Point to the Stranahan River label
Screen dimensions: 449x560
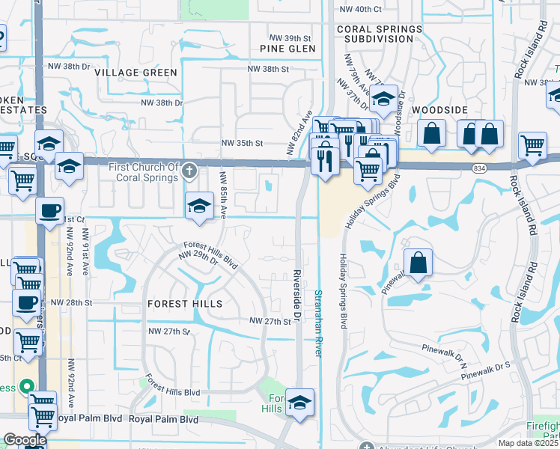pos(318,323)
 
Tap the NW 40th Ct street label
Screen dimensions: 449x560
pos(360,9)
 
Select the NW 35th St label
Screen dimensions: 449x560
pos(242,143)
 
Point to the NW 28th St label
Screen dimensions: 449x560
pos(71,303)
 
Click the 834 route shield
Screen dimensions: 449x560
pos(478,169)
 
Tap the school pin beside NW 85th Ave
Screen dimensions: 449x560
pos(198,206)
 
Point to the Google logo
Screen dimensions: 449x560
pos(25,440)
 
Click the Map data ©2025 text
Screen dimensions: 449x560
pos(528,443)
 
